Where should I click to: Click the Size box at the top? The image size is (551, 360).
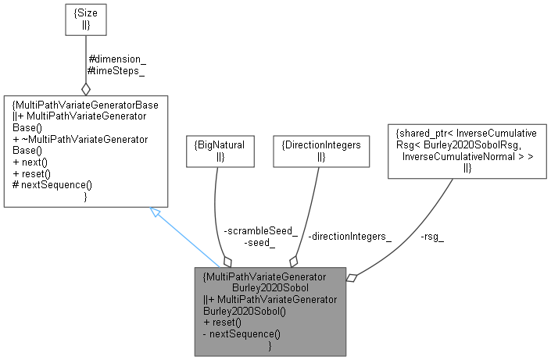85,22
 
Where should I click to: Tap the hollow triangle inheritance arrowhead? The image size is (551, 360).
156,214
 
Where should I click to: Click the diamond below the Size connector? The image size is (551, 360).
85,88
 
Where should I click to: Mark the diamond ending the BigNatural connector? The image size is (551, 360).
228,259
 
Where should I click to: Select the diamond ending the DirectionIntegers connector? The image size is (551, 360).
294,261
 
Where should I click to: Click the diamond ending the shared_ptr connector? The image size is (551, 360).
352,276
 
